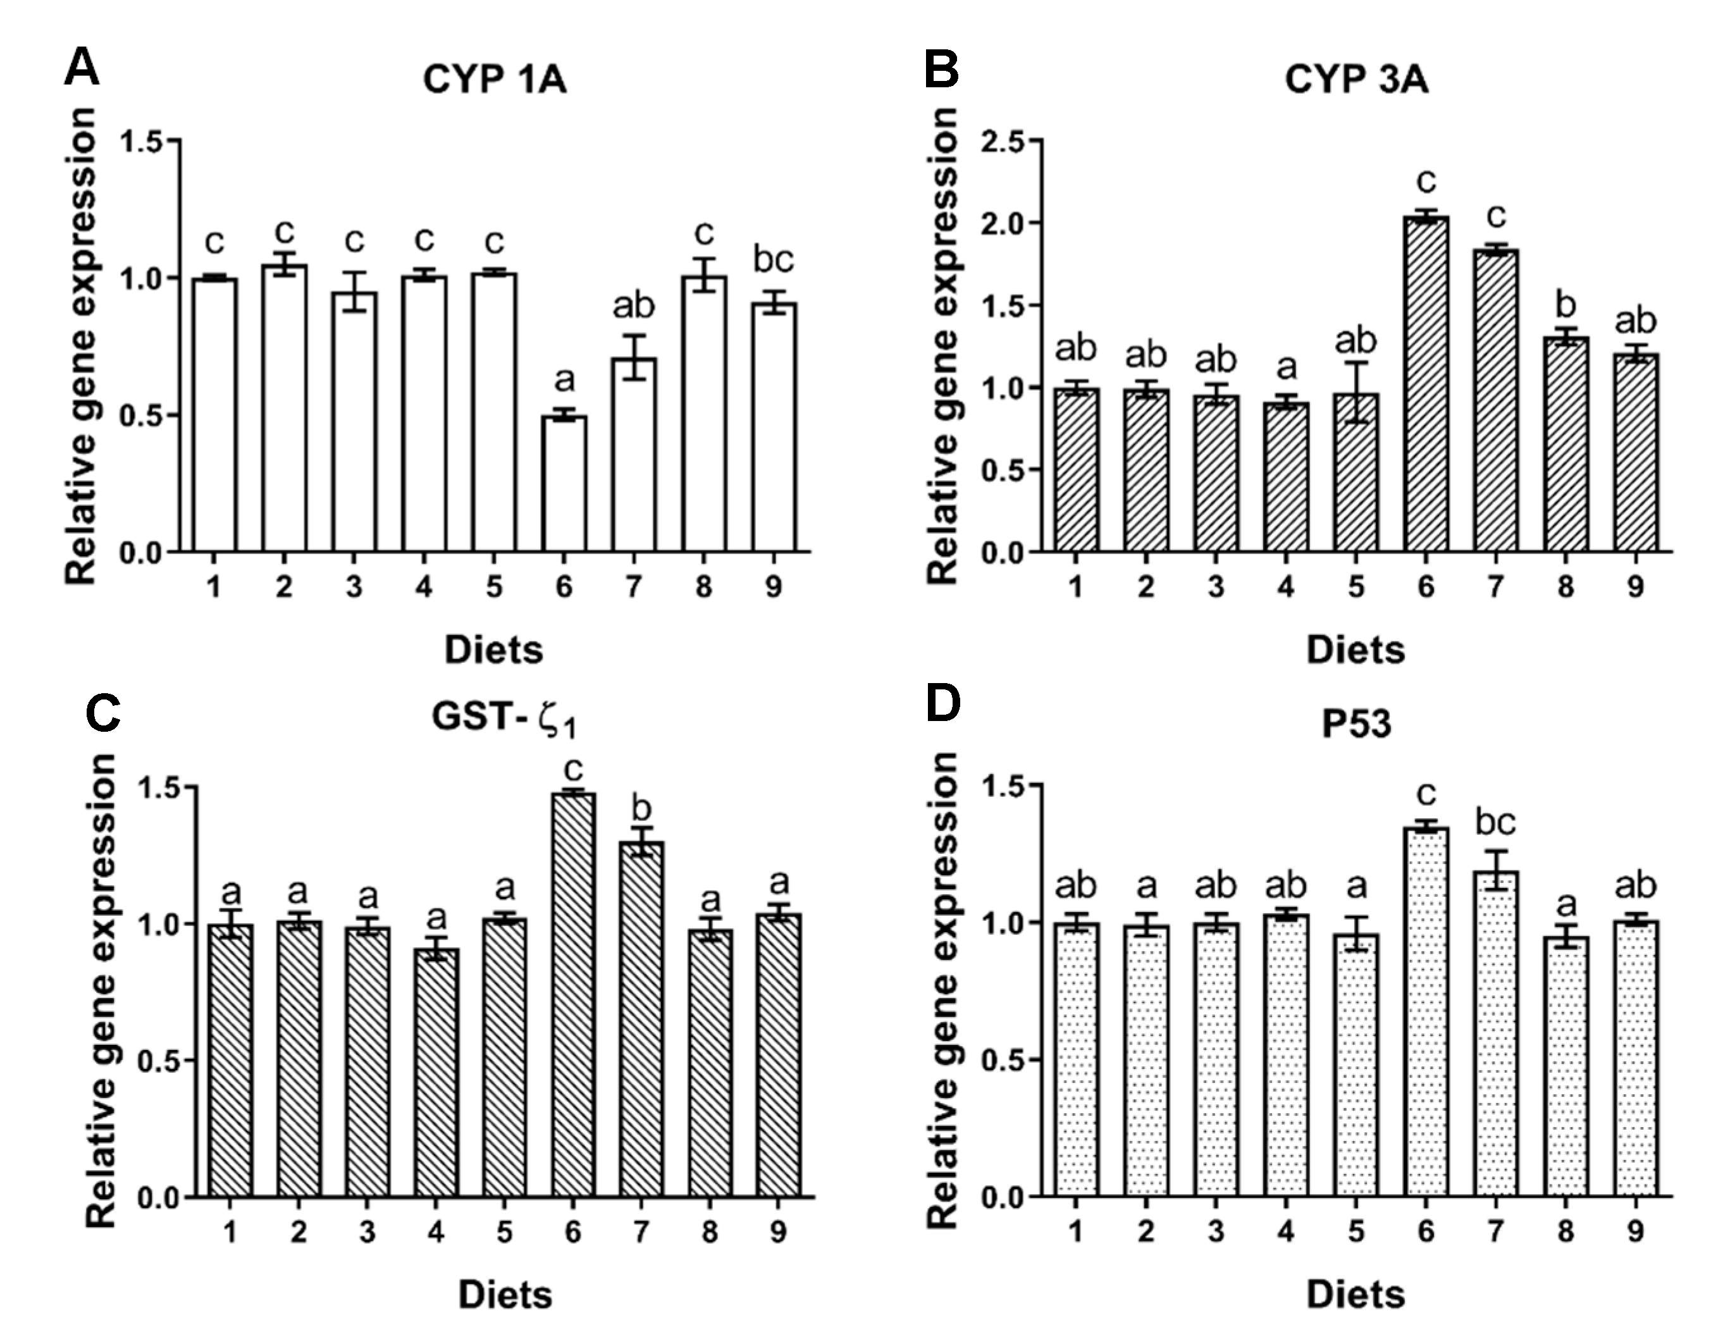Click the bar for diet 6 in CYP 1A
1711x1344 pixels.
tap(564, 483)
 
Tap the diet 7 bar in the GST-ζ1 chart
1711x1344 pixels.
tap(641, 1020)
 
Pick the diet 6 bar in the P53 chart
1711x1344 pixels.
tap(1425, 1012)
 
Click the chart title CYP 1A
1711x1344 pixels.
tap(494, 80)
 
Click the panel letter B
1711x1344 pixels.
tap(941, 69)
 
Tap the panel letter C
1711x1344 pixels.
tap(102, 713)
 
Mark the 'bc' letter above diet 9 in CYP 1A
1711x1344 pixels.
tap(773, 260)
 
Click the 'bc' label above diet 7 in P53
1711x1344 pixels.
tap(1495, 823)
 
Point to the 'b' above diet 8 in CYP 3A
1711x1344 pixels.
tap(1566, 306)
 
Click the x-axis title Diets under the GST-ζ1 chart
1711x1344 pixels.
tap(505, 1295)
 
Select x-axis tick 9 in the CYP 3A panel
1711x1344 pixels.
tap(1636, 587)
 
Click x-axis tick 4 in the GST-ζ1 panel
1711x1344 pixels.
tap(435, 1232)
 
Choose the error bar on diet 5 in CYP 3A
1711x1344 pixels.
tap(1356, 392)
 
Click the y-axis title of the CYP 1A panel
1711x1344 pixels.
tap(81, 346)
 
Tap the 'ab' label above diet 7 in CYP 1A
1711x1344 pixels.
tap(634, 306)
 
